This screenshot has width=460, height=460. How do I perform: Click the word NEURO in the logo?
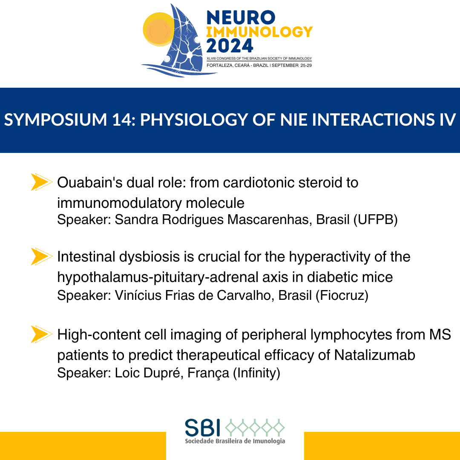point(241,17)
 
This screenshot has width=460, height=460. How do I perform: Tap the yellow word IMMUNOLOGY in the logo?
point(259,32)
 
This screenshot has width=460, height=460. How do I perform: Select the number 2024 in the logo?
point(230,46)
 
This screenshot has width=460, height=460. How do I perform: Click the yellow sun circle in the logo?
point(158,29)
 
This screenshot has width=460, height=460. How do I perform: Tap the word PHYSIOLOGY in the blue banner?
point(194,120)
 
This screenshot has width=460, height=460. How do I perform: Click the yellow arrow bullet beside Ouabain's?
point(42,182)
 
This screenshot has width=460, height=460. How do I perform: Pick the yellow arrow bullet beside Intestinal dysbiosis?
point(42,256)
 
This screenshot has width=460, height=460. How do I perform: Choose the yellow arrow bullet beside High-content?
point(42,334)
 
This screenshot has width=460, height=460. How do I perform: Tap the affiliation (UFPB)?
point(376,219)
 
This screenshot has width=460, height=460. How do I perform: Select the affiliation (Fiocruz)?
point(342,295)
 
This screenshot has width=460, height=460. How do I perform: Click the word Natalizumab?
point(375,355)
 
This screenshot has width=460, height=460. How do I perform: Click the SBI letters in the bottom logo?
point(202,428)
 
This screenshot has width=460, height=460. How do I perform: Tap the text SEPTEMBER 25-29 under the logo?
point(292,66)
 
